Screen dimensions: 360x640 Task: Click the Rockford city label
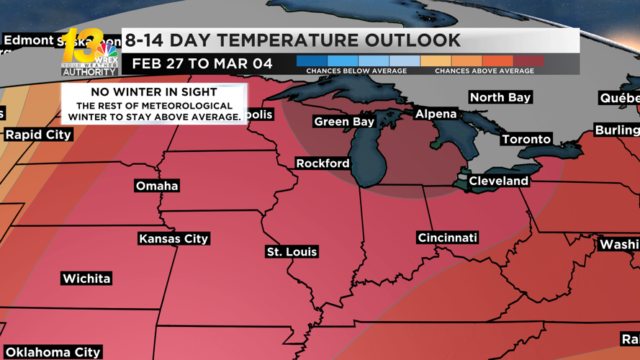[x=323, y=163]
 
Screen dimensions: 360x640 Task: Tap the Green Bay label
[x=344, y=122]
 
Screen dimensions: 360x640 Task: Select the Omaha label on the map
[x=157, y=186]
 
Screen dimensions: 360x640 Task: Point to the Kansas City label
[x=173, y=238]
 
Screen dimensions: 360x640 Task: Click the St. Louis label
[x=292, y=252]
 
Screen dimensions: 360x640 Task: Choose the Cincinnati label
[x=447, y=238]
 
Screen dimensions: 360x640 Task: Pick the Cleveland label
[x=498, y=181]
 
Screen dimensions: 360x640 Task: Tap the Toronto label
[x=526, y=139]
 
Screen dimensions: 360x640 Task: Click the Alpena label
[x=436, y=114]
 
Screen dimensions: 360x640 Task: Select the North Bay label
[x=500, y=97]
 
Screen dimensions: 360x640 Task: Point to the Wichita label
[x=86, y=279]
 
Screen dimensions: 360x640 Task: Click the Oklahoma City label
[x=53, y=352]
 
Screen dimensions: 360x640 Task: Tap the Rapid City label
[x=38, y=135]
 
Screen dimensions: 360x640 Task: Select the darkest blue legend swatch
[x=312, y=61]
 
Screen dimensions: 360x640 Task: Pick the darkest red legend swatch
[x=528, y=61]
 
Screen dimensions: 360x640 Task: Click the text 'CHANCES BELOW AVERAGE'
[x=356, y=71]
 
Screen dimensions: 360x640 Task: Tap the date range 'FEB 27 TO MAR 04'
[x=202, y=64]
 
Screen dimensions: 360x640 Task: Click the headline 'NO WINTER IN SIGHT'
[x=154, y=92]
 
